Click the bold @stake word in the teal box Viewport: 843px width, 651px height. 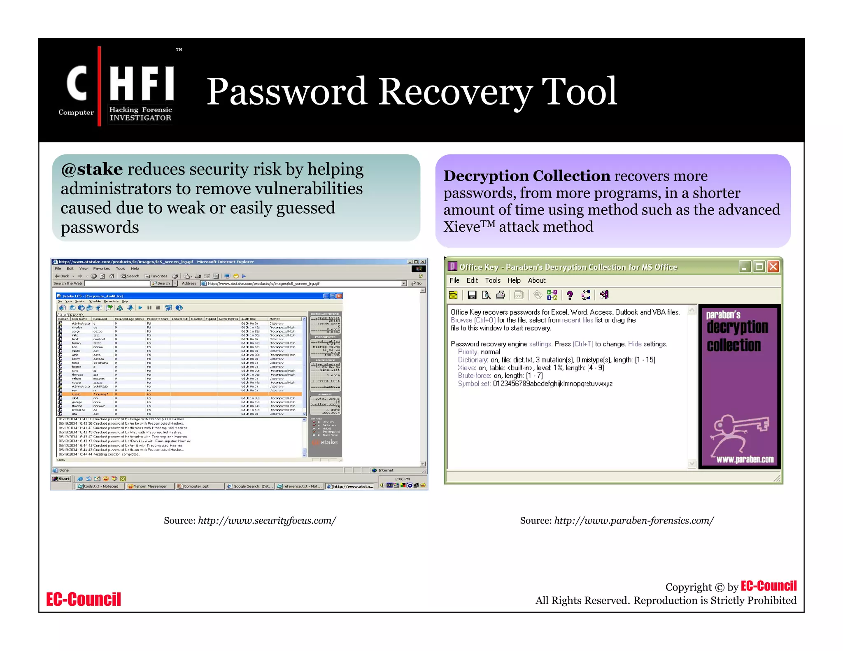[92, 170]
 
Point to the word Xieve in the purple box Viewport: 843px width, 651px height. [461, 227]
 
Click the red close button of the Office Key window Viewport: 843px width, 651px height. [773, 267]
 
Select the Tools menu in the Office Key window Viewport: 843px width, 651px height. [492, 281]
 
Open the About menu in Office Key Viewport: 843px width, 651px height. [536, 281]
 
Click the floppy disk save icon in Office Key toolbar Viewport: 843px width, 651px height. [472, 295]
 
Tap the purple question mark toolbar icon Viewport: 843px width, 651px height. [570, 295]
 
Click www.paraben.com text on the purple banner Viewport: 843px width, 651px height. [745, 460]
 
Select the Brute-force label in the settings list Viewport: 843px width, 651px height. [474, 376]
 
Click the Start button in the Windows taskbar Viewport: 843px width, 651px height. [61, 479]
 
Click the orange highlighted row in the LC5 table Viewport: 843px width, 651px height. [181, 394]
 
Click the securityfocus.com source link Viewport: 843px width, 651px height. [267, 521]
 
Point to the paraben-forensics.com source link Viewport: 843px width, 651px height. [634, 521]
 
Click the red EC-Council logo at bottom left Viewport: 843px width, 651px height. [84, 600]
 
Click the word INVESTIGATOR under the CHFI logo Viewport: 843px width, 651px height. [140, 118]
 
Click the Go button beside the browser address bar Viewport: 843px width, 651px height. [417, 284]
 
